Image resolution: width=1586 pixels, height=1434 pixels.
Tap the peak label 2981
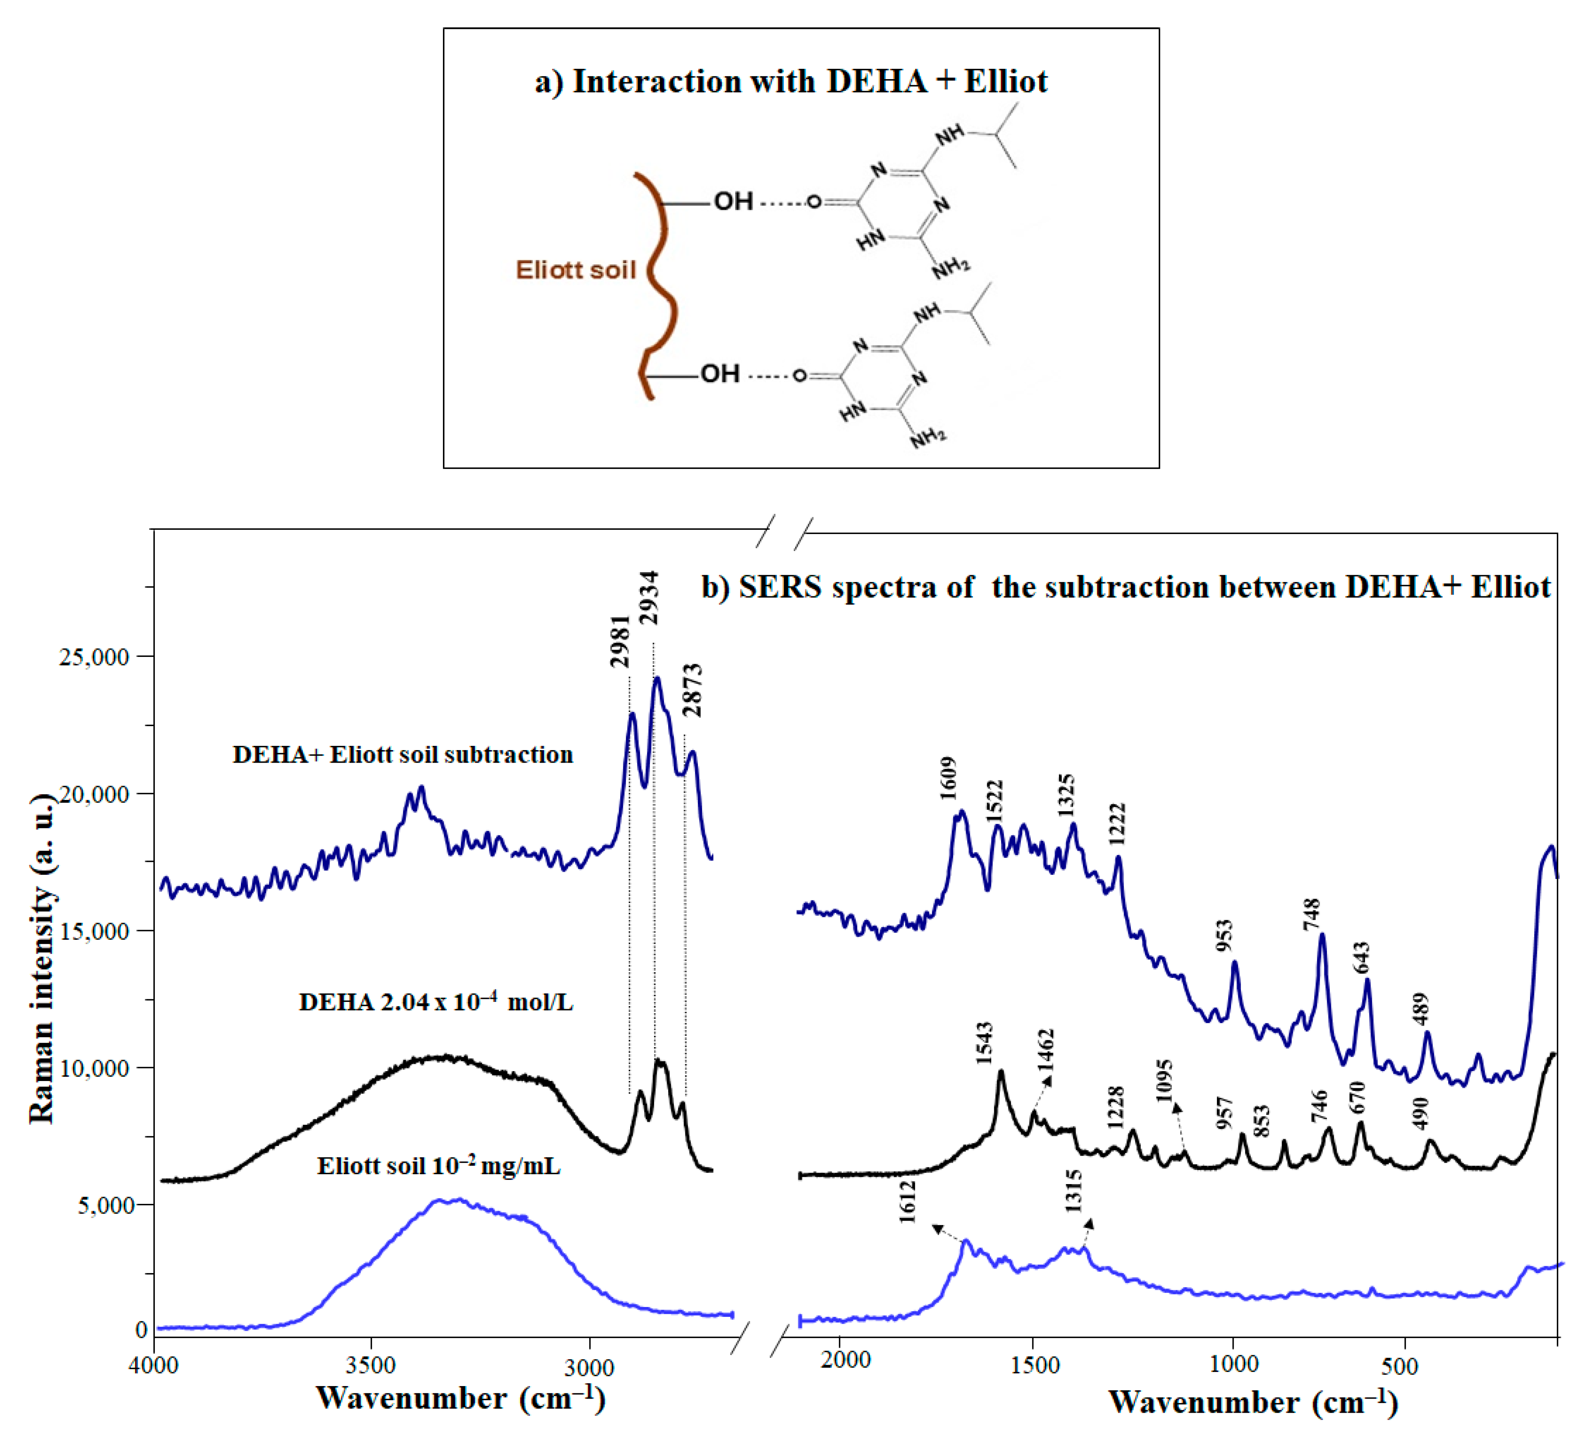coord(621,641)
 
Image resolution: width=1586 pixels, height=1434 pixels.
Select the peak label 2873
coord(692,691)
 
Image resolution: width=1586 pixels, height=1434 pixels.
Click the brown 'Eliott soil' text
coord(575,270)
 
